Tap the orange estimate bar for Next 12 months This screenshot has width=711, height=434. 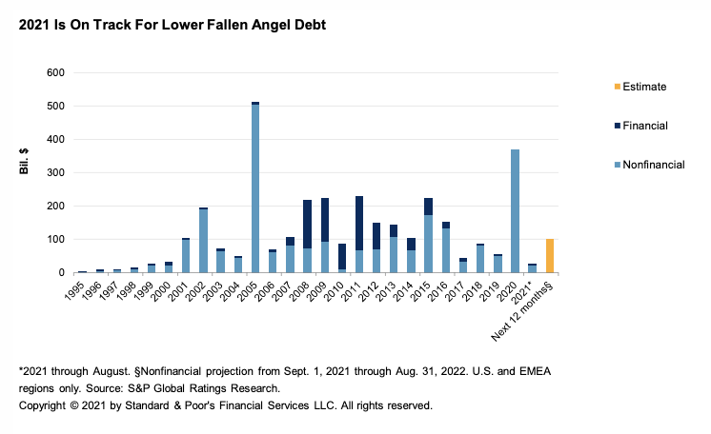coord(550,256)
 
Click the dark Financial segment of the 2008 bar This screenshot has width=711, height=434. coord(308,224)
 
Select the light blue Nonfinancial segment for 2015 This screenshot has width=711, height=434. coord(429,244)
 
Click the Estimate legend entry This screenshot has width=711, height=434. coord(643,87)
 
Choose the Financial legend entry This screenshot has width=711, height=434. coord(643,126)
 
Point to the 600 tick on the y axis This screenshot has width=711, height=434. coord(54,73)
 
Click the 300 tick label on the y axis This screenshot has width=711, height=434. coord(54,173)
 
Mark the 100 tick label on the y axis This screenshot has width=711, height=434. coord(54,240)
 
